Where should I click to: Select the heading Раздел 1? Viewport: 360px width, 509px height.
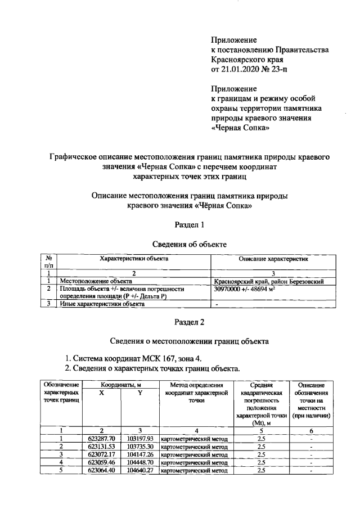(190, 225)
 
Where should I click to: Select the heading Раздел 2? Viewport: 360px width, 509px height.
(190, 322)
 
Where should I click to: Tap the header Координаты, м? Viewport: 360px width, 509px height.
(121, 384)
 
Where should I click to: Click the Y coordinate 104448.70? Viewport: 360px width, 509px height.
(140, 462)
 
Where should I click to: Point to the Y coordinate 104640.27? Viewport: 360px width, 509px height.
(140, 471)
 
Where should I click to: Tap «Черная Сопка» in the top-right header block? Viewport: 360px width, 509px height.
(236, 128)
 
